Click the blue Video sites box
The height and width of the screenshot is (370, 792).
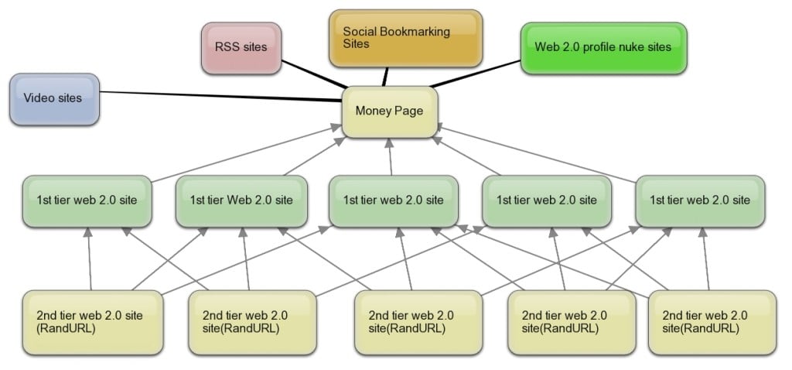pyautogui.click(x=54, y=99)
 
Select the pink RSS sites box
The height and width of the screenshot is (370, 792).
pyautogui.click(x=241, y=48)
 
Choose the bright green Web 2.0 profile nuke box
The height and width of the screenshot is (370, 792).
pyautogui.click(x=603, y=47)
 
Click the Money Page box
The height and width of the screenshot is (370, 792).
pyautogui.click(x=390, y=111)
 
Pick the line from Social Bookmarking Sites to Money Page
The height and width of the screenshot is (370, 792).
pyautogui.click(x=385, y=76)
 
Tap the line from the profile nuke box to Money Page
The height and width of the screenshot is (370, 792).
pyautogui.click(x=476, y=76)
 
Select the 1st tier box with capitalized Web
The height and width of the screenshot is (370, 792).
pyautogui.click(x=241, y=200)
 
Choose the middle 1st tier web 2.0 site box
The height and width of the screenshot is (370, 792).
pyautogui.click(x=393, y=200)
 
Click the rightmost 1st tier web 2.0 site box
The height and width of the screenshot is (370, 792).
pyautogui.click(x=699, y=200)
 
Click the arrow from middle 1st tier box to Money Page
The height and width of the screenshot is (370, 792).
pyautogui.click(x=391, y=159)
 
